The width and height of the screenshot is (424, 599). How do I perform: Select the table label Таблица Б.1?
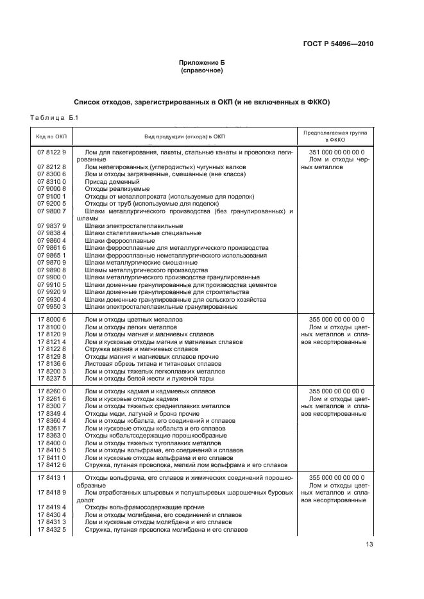pyautogui.click(x=53, y=117)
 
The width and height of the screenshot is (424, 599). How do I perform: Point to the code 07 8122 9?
pyautogui.click(x=52, y=152)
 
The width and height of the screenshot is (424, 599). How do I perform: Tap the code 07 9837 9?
pyautogui.click(x=52, y=226)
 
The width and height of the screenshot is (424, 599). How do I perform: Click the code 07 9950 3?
pyautogui.click(x=52, y=307)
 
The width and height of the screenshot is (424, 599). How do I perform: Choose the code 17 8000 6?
pyautogui.click(x=52, y=319)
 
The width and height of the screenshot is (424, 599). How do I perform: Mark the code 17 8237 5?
pyautogui.click(x=52, y=379)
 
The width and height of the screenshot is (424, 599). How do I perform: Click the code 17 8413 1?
pyautogui.click(x=52, y=478)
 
